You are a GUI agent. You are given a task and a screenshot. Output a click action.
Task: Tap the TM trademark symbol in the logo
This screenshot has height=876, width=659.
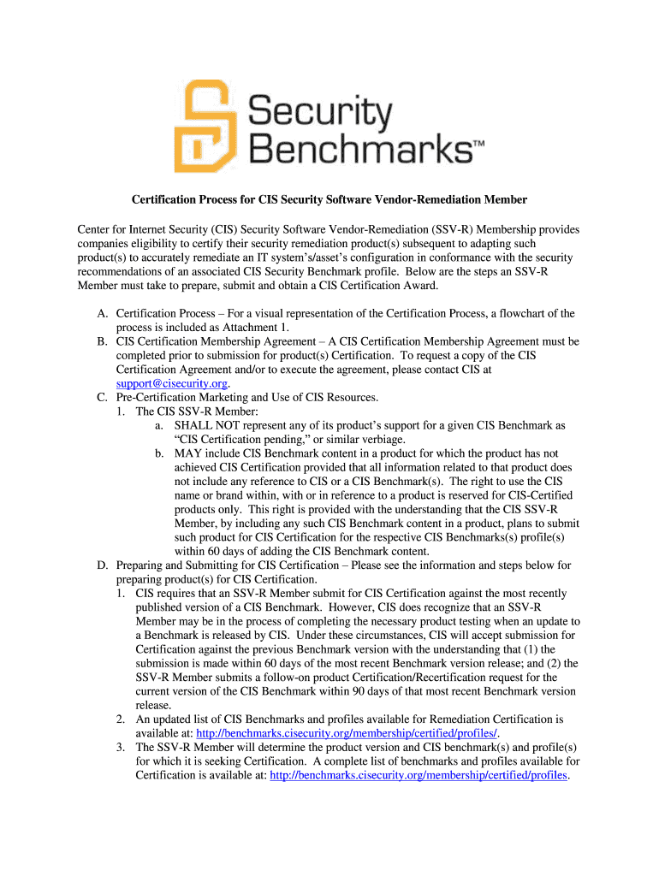click(x=478, y=145)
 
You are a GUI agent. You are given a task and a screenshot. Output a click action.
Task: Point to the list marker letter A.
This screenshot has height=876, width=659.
click(x=101, y=314)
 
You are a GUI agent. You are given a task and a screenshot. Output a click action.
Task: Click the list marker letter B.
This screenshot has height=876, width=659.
click(x=101, y=341)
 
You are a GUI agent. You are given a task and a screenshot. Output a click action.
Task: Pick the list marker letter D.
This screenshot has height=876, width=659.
click(x=101, y=565)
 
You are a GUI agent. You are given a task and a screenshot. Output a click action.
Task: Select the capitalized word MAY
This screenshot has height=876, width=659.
click(x=187, y=453)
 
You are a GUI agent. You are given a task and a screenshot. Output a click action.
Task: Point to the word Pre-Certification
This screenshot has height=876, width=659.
click(x=157, y=397)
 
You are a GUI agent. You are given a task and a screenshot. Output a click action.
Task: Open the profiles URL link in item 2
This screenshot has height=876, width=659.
click(x=347, y=733)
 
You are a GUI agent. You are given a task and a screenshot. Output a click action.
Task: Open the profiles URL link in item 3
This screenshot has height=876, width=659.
click(x=419, y=775)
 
